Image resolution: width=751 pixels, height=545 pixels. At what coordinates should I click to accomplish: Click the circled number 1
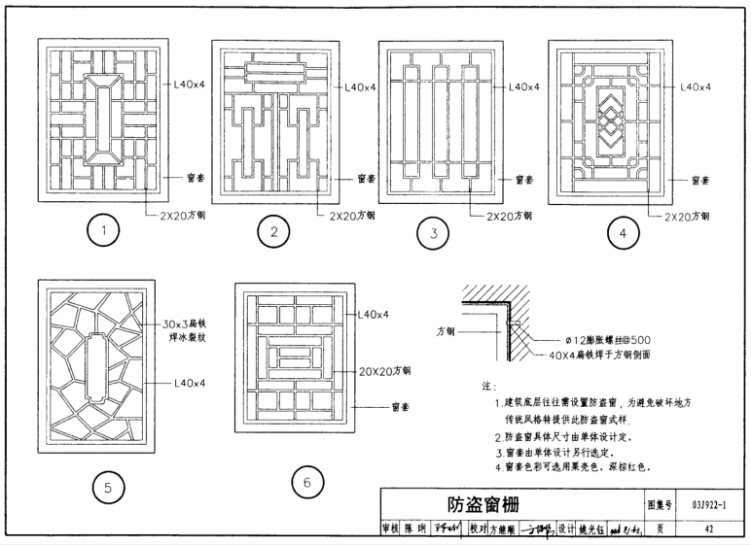(104, 231)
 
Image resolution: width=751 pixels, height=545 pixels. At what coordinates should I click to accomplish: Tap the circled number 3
(431, 233)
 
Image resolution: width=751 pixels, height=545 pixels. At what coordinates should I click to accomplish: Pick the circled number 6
(306, 483)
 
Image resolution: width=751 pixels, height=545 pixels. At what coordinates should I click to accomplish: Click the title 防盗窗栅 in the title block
(483, 504)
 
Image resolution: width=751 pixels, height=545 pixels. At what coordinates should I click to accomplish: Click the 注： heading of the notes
(488, 386)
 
